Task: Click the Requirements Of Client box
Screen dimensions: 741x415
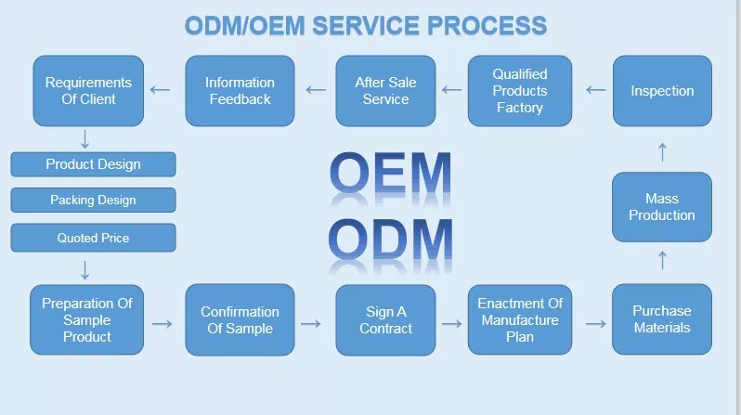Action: pyautogui.click(x=88, y=91)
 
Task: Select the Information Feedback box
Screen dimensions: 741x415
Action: pyautogui.click(x=240, y=91)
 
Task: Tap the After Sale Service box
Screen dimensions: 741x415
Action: pyautogui.click(x=385, y=91)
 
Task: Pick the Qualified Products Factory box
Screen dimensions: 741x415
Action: pyautogui.click(x=520, y=91)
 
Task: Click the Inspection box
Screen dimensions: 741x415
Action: pyautogui.click(x=662, y=91)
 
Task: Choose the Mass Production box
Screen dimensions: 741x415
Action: pyautogui.click(x=661, y=207)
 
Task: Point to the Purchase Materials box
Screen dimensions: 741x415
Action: pyautogui.click(x=661, y=319)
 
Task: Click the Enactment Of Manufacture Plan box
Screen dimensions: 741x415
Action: pyautogui.click(x=520, y=319)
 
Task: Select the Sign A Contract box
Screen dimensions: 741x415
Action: pyautogui.click(x=385, y=320)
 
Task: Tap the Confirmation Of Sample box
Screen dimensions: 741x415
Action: pyautogui.click(x=240, y=319)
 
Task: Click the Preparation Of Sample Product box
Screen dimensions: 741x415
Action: pyautogui.click(x=87, y=319)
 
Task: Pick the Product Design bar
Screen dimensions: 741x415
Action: pyautogui.click(x=93, y=164)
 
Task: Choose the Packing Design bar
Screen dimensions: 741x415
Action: pyautogui.click(x=93, y=200)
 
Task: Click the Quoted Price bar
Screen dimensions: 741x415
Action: pyautogui.click(x=93, y=238)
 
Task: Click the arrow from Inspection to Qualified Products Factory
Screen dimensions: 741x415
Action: pyautogui.click(x=595, y=90)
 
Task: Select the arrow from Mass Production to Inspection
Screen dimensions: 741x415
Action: pyautogui.click(x=663, y=152)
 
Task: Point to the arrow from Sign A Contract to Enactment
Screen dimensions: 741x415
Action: pyautogui.click(x=452, y=324)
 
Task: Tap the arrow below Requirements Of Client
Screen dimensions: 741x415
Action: pyautogui.click(x=85, y=139)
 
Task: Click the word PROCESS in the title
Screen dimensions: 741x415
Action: pyautogui.click(x=487, y=25)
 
